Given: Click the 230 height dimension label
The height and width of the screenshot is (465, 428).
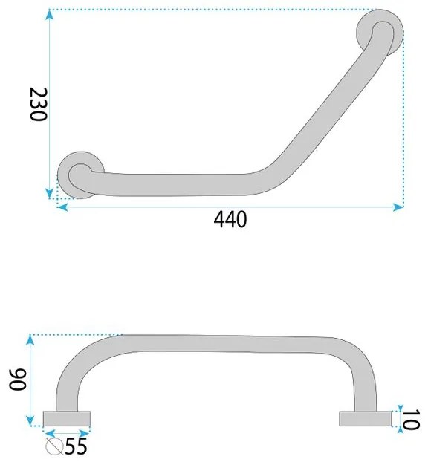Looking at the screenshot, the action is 39,105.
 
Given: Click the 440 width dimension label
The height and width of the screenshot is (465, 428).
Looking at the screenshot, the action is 230,219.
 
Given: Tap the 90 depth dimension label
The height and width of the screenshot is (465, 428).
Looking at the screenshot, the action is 18,380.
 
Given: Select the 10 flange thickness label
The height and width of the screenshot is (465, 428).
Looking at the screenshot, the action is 411,419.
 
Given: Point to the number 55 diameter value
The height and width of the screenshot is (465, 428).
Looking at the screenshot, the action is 77,446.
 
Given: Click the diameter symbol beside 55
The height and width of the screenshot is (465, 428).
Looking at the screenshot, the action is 54,446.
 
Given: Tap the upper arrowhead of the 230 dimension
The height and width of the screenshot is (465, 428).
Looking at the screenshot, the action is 50,15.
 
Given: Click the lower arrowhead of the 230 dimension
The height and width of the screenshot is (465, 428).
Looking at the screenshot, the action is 50,193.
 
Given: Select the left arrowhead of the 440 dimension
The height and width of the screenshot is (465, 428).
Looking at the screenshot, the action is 62,207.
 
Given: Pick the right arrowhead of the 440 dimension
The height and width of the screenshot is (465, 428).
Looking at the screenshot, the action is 398,207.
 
